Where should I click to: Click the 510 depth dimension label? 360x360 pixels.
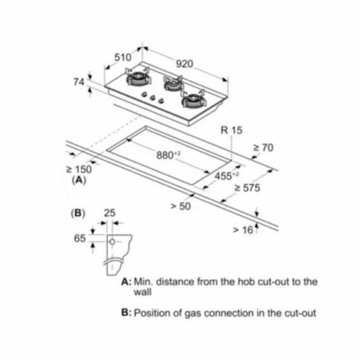pos(123,57)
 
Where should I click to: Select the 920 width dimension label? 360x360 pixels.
pos(184,64)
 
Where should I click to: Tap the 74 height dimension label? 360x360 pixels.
pos(79,82)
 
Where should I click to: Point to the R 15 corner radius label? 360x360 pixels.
pos(231,130)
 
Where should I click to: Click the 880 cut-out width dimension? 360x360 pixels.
pos(168,155)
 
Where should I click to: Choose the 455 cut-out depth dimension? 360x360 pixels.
pos(227,176)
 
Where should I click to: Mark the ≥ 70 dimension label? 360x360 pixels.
pos(263,148)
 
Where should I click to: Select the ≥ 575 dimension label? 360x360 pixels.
pos(248,188)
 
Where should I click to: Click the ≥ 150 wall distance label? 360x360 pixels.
pos(79,170)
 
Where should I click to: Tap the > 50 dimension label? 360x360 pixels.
pos(181,206)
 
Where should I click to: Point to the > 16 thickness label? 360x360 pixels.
pos(243,230)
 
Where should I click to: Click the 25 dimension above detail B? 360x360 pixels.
pos(109,213)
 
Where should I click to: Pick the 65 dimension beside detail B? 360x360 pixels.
pos(80,238)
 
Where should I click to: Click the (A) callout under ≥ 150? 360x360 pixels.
pos(79,180)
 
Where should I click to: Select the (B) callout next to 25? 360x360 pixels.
pos(78,213)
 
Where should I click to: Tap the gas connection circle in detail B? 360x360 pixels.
pos(112,242)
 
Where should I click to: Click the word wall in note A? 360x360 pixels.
pos(143,292)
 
